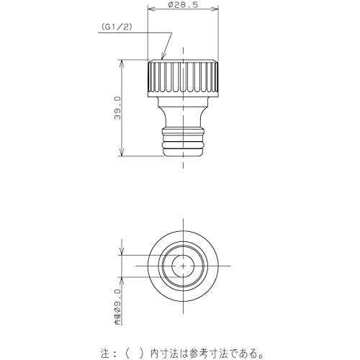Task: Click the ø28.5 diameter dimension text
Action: tap(183, 5)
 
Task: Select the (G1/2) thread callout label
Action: tap(117, 27)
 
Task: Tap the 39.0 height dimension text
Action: tap(117, 108)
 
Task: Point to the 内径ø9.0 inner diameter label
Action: tap(117, 307)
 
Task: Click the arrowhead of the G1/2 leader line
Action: tap(163, 56)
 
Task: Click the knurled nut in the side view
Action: tap(183, 78)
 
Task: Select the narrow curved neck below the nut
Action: tap(183, 117)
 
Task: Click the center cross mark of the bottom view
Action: tap(183, 266)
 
